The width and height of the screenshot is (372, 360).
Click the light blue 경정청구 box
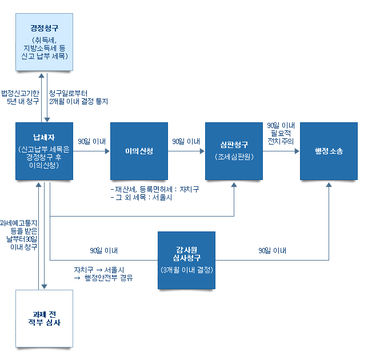(45, 42)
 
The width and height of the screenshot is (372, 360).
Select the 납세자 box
(44, 151)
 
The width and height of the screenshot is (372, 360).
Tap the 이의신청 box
(139, 151)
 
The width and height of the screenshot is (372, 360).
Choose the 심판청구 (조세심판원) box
(233, 151)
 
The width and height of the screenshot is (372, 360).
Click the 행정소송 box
(329, 151)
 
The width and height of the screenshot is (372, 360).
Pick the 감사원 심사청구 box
(186, 260)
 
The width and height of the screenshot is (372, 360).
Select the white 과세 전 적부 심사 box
(45, 319)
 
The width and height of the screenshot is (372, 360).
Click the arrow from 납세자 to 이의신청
(91, 151)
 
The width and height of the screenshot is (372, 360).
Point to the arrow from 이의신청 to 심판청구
(186, 151)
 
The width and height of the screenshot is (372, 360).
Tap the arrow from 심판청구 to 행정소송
(281, 151)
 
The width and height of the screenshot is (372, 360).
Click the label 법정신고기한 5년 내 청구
(20, 97)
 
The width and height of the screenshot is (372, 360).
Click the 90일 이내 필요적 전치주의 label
(281, 133)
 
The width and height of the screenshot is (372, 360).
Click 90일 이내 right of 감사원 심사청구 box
(272, 250)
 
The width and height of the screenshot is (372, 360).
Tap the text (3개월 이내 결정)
(186, 269)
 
